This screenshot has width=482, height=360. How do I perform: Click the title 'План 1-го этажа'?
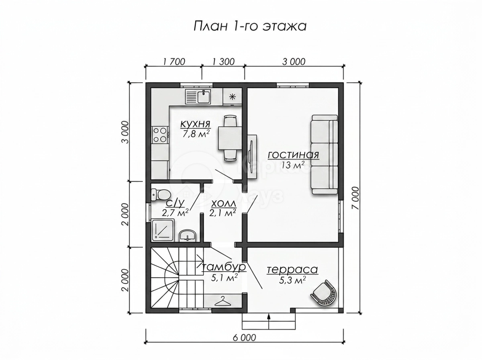point(250,27)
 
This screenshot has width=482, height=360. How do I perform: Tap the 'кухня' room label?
point(195,124)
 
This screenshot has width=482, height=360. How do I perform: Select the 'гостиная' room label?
point(293,155)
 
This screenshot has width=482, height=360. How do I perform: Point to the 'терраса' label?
point(292,270)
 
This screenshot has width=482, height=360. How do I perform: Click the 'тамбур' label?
point(224,267)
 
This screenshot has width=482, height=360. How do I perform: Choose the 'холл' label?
point(224,204)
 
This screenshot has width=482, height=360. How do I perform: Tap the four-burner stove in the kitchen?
point(159,135)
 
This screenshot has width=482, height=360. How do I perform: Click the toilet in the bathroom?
point(161,195)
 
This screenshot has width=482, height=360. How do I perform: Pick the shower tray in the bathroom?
point(163,230)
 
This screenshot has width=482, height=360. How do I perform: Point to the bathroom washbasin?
point(188,236)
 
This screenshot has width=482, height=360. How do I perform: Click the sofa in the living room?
point(324,155)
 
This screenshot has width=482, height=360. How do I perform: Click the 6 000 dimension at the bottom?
point(244,344)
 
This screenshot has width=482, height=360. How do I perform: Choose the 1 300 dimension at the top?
point(223,62)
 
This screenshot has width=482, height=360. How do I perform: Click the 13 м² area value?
point(293,165)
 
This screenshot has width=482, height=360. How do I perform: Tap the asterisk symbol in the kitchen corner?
point(232,97)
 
